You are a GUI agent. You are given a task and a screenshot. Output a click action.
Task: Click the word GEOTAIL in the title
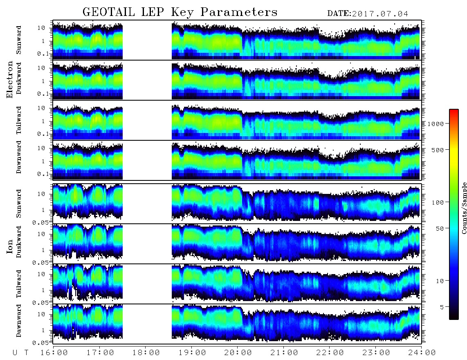(x=109, y=12)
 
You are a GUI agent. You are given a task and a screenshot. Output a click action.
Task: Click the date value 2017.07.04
(x=380, y=14)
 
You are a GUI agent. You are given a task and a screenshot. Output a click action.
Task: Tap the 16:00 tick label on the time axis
(x=54, y=353)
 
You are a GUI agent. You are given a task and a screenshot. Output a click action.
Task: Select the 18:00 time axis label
(x=146, y=353)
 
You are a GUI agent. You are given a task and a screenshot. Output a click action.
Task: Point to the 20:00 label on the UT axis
(x=238, y=353)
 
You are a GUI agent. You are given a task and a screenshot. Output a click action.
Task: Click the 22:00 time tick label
(x=330, y=353)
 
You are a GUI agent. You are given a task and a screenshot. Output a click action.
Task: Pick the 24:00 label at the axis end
(x=422, y=353)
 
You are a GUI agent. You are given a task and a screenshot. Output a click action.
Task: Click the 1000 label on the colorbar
(x=436, y=124)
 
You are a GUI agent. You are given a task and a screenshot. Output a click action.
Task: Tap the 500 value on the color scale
(x=438, y=150)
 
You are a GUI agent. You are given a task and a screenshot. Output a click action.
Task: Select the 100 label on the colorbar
(x=438, y=202)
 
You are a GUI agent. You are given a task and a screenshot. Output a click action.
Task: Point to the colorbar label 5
(x=442, y=307)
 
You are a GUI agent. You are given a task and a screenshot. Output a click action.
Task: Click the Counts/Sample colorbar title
(x=464, y=208)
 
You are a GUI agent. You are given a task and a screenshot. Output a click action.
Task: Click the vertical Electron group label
(x=9, y=79)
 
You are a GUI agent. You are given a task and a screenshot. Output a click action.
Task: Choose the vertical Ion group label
(x=9, y=247)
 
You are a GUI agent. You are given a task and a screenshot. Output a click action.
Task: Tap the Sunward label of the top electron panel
(x=19, y=40)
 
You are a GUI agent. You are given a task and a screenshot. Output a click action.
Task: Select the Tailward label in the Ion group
(x=19, y=284)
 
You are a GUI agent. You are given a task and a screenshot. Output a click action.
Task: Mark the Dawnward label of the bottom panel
(x=19, y=320)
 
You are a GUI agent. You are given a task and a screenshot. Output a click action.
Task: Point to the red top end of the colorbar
(x=454, y=111)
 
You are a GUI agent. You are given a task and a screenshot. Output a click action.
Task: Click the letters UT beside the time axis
(x=20, y=353)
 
